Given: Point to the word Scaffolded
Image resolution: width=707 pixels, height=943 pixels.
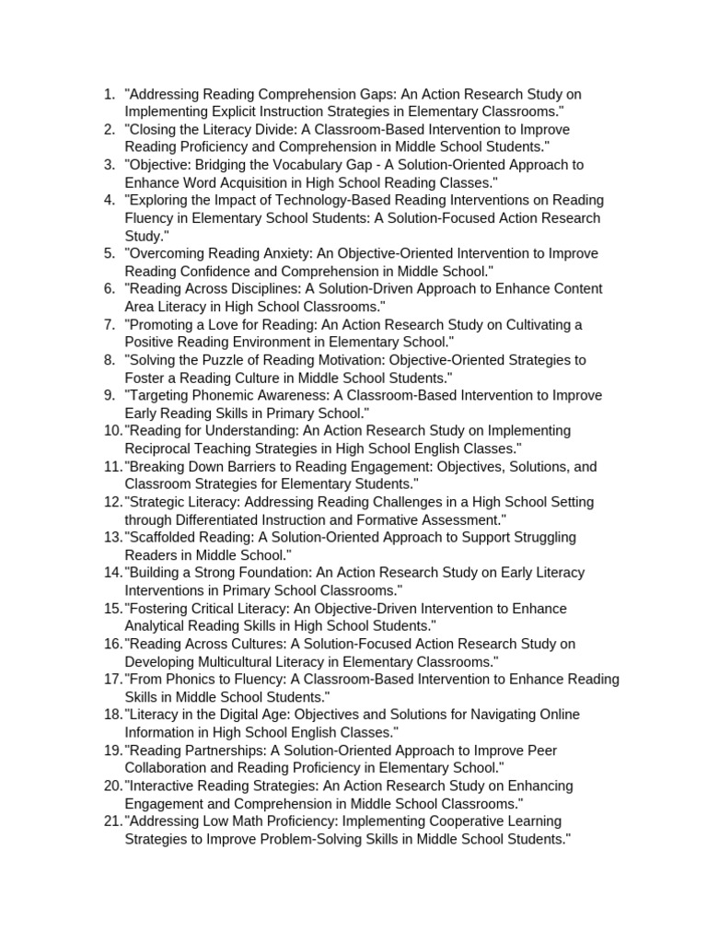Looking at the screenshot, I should pyautogui.click(x=164, y=537).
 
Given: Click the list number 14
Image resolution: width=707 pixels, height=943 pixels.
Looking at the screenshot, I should pyautogui.click(x=112, y=573).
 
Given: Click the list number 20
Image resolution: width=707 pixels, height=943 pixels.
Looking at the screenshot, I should pyautogui.click(x=112, y=786).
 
